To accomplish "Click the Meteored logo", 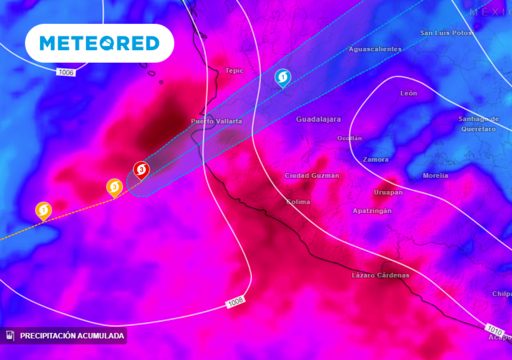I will pos(99,43).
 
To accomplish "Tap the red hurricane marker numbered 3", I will pos(141,170).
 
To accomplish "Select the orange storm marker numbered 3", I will pos(114,187).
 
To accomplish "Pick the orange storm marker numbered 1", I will pos(43,210).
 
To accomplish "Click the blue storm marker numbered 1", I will pos(283,77).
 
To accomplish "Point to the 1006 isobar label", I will pos(66,72).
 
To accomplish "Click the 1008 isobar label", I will pos(235,302).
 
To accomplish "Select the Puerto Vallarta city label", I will pos(216,121).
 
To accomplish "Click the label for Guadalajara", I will pos(318,119).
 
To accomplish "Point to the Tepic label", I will pos(234,70).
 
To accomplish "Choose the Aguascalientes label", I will pos(375,49).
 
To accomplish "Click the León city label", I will pos(409,93).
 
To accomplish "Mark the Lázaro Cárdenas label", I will pos(380,275).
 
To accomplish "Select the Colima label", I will pos(298,202).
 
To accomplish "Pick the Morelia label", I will pos(435,175).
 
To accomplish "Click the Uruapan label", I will pos(388,192).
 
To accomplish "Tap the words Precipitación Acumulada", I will pos(72,336).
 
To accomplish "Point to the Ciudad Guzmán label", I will pos(312,175).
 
